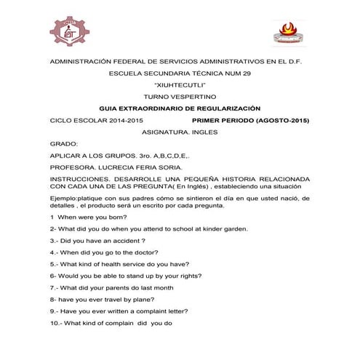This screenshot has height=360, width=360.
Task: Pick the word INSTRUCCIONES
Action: click(x=79, y=179)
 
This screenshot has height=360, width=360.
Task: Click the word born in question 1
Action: click(x=116, y=217)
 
